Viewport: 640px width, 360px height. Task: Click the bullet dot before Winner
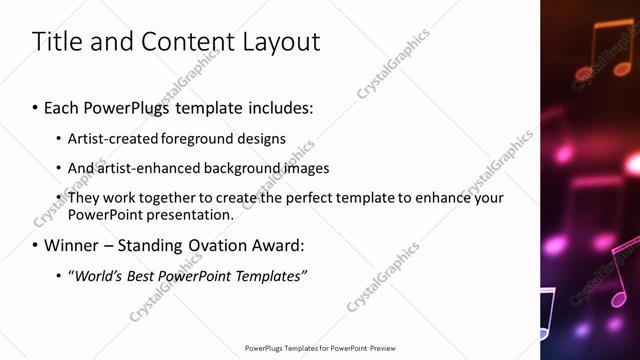point(36,245)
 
